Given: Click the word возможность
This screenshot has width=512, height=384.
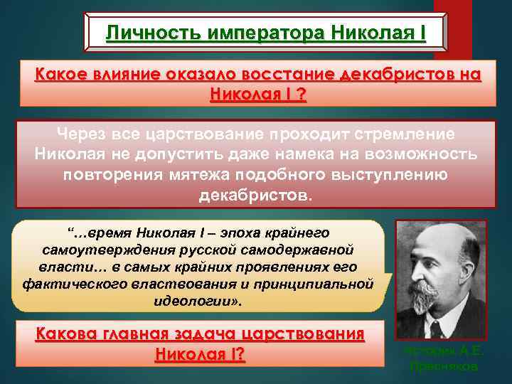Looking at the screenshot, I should (x=427, y=155).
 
